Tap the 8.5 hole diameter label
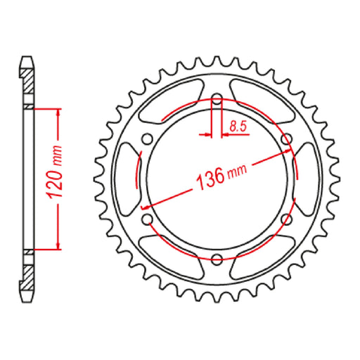coord(237,127)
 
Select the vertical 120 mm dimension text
coord(59,178)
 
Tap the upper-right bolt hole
coord(286,139)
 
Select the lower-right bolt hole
coord(286,220)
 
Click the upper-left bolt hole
coord(147,139)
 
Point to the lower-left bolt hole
coord(147,220)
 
